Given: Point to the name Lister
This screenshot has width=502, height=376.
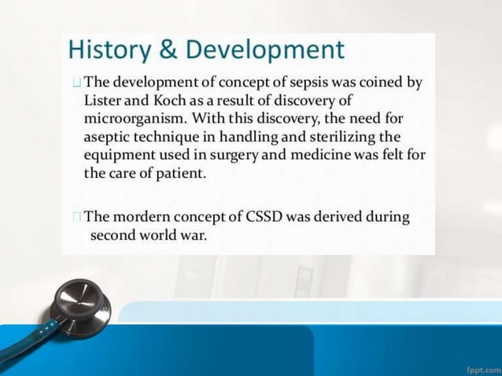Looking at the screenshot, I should (105, 101).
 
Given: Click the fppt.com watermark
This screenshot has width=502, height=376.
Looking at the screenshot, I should (477, 367).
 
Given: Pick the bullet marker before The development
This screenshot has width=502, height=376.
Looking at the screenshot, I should (75, 83).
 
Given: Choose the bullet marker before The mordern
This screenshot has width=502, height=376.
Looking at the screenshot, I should (76, 217).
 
